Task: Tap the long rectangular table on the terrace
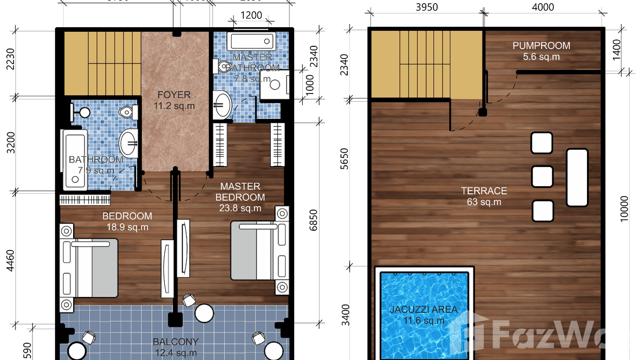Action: click(x=577, y=177)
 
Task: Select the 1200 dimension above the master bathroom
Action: click(x=251, y=15)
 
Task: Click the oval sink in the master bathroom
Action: click(x=222, y=105)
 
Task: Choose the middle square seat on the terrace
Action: click(x=542, y=176)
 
